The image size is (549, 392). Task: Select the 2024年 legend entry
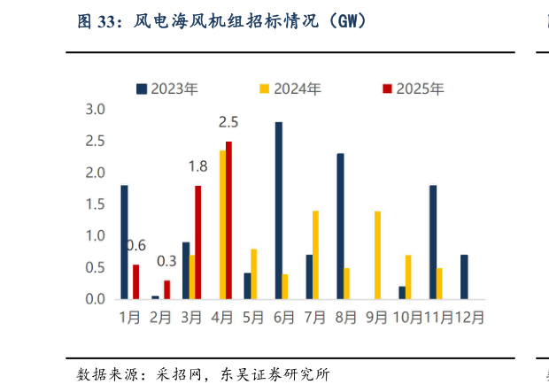click(290, 88)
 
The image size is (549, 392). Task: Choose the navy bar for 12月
click(464, 276)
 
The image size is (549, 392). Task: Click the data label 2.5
click(228, 121)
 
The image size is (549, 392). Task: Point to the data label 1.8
click(197, 165)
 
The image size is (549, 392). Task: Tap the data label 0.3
click(166, 261)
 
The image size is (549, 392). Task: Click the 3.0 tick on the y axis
click(95, 109)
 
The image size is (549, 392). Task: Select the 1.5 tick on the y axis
click(95, 204)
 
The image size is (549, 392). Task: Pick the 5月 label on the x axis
click(253, 316)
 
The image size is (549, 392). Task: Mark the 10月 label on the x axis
click(407, 316)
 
